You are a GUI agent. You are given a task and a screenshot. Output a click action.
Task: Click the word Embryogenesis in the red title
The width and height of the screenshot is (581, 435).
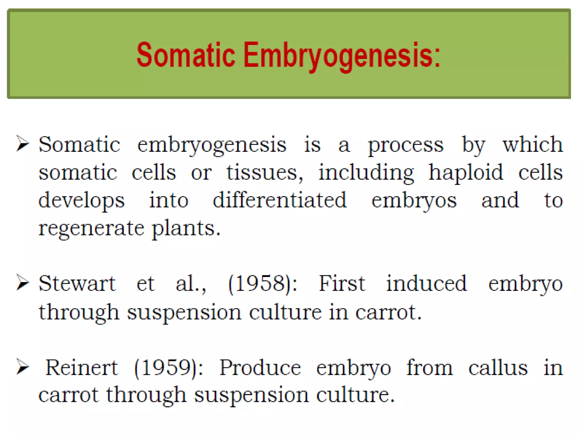[342, 55]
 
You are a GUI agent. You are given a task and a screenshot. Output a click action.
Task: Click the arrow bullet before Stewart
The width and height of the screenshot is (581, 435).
[23, 282]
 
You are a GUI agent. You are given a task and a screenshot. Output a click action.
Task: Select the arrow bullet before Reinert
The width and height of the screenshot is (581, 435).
[23, 366]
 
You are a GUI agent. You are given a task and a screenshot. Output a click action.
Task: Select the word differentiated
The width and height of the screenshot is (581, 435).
[280, 200]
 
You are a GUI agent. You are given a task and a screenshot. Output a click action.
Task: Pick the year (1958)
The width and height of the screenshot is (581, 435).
[263, 283]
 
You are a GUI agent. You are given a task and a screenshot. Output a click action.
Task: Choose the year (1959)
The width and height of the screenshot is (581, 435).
[169, 368]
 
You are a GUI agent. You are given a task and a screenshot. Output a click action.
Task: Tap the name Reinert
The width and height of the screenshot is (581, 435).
[82, 368]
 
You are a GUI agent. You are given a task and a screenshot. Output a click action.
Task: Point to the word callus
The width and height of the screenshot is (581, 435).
[498, 368]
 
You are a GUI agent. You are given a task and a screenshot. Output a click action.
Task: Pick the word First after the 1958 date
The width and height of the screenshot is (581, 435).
[342, 283]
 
